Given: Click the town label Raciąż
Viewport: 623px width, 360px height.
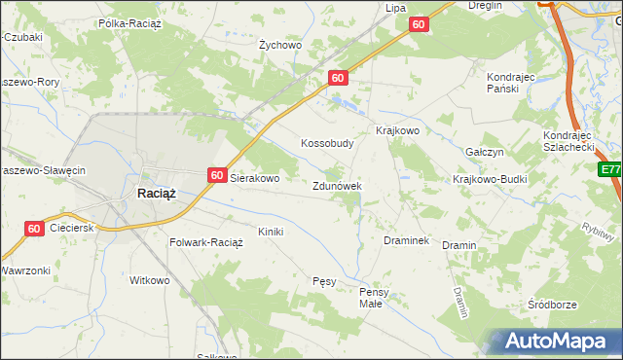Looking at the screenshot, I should pyautogui.click(x=156, y=194).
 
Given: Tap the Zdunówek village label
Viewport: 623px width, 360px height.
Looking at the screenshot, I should pyautogui.click(x=338, y=186).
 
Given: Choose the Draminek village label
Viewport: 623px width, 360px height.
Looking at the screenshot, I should pyautogui.click(x=407, y=240).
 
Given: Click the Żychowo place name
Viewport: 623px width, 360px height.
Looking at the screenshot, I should pyautogui.click(x=280, y=45).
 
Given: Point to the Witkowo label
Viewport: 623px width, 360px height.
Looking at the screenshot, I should pyautogui.click(x=150, y=280).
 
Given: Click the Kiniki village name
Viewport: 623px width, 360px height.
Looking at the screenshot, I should pyautogui.click(x=270, y=232).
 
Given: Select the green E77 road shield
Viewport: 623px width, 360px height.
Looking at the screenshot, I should pyautogui.click(x=610, y=170).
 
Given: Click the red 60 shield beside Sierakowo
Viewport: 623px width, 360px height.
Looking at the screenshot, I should pyautogui.click(x=217, y=176).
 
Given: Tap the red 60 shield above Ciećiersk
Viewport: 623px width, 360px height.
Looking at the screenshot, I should pyautogui.click(x=34, y=229).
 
